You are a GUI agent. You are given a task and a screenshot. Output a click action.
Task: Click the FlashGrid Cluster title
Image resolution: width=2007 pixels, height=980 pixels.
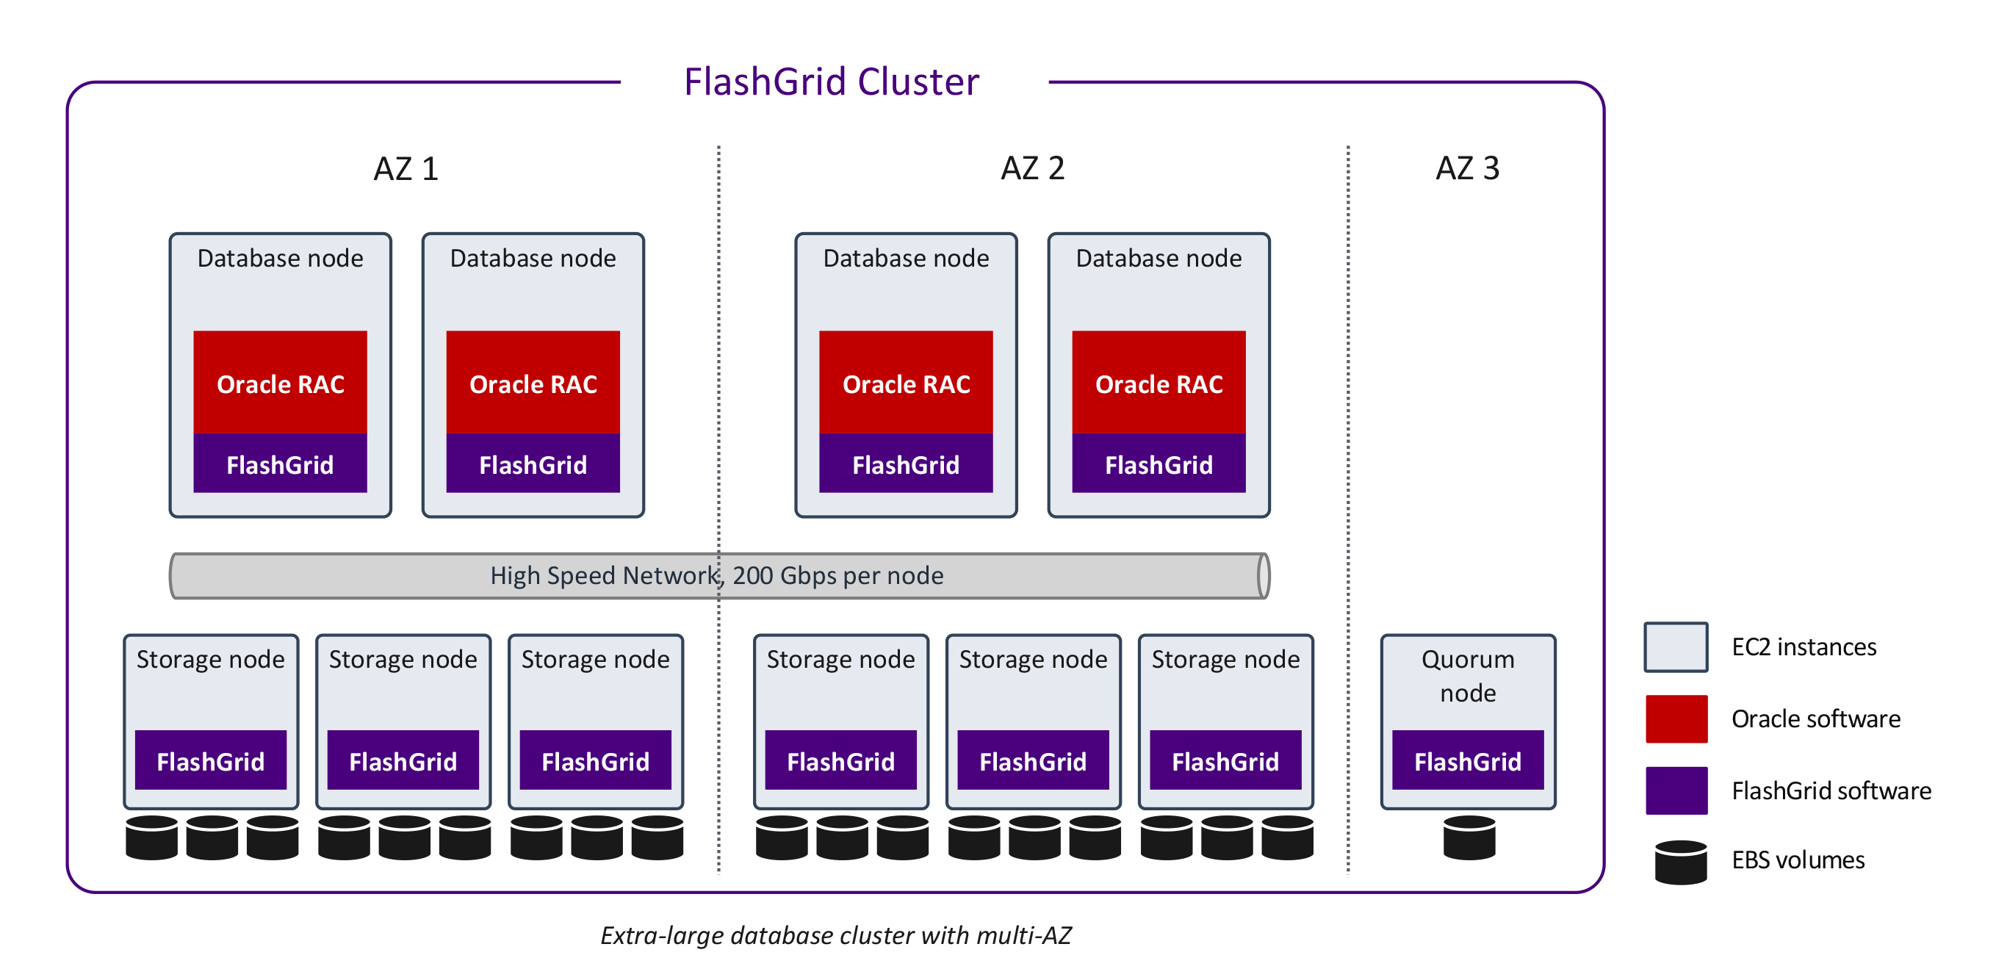point(832,82)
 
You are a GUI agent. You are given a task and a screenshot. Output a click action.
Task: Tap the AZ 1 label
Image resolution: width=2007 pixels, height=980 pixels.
point(406,169)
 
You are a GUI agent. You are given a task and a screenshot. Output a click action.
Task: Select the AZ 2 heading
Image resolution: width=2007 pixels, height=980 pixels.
point(1032,168)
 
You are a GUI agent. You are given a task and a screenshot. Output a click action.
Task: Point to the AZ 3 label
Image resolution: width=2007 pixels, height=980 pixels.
point(1467,168)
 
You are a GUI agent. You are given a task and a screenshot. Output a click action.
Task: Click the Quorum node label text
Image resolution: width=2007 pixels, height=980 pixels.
point(1468,675)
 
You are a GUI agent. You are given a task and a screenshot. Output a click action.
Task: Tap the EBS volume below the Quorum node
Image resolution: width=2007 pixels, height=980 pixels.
point(1469,838)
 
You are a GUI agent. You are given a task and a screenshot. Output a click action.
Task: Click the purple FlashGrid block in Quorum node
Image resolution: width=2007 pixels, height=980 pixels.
point(1468,760)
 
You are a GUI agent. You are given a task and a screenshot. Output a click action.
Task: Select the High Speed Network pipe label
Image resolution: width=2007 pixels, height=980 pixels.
point(717,576)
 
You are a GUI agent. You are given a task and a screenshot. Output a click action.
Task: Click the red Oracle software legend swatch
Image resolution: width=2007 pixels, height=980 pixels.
point(1676,719)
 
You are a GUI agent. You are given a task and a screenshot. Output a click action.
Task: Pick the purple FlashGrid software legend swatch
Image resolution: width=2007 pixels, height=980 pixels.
point(1676,790)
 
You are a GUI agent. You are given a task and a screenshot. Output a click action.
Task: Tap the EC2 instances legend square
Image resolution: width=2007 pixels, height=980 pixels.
point(1676,646)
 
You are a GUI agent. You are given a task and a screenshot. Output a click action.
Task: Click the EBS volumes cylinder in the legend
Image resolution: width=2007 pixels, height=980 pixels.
point(1681,862)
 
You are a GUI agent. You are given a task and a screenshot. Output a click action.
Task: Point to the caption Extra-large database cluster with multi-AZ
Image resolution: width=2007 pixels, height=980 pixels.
point(836,934)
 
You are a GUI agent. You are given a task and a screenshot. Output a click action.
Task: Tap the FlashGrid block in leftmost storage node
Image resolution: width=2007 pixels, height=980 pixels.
point(210,760)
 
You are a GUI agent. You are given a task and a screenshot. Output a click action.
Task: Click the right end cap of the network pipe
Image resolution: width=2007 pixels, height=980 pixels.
point(1263,577)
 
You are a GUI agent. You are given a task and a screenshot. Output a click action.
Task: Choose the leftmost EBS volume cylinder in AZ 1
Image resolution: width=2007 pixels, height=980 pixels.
point(151,838)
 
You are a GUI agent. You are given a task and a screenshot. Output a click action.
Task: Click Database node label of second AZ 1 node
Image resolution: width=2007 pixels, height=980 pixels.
point(533,259)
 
